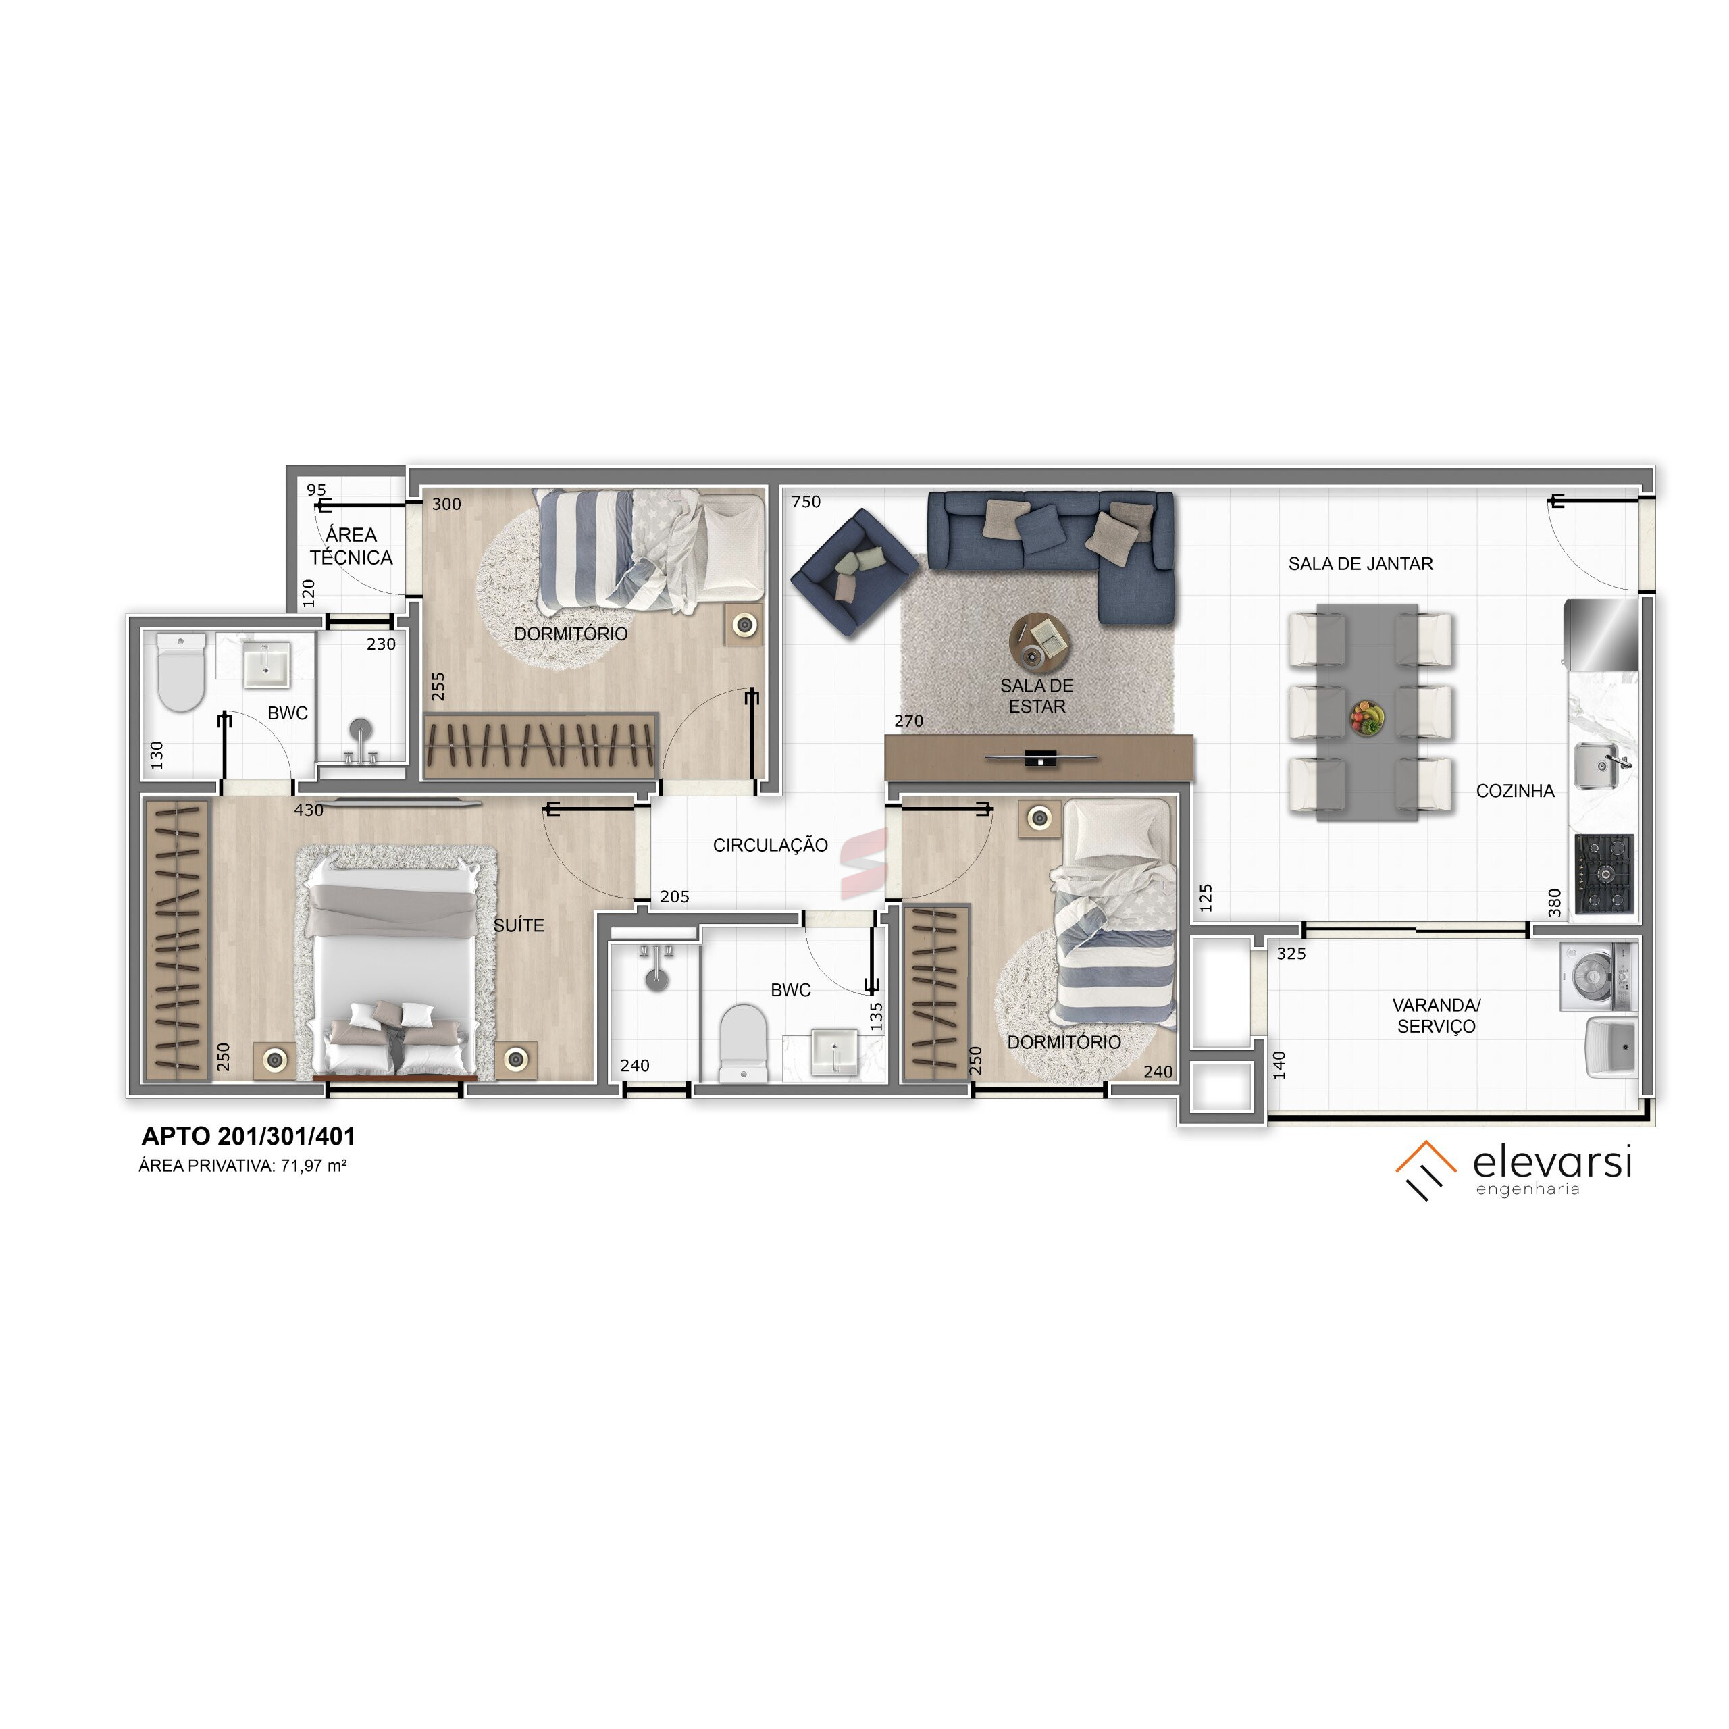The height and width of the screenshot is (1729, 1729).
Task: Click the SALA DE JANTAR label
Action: coord(1360,564)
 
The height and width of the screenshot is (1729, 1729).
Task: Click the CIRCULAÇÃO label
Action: coord(770,845)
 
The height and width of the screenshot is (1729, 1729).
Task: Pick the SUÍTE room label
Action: coord(519,925)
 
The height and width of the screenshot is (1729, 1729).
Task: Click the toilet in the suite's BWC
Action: coord(181,671)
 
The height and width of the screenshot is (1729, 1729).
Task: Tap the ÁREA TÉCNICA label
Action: coord(351,546)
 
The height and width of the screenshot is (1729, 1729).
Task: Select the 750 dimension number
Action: coord(806,502)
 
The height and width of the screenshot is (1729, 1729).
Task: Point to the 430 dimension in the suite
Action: coord(309,810)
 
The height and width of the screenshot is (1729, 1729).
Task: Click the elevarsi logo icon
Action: coord(1426,1170)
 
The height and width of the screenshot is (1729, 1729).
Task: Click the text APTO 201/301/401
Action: coord(249,1137)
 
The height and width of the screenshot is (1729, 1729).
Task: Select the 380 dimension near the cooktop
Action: coord(1555,903)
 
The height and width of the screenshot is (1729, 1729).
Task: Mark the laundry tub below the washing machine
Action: coord(1611,1047)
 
